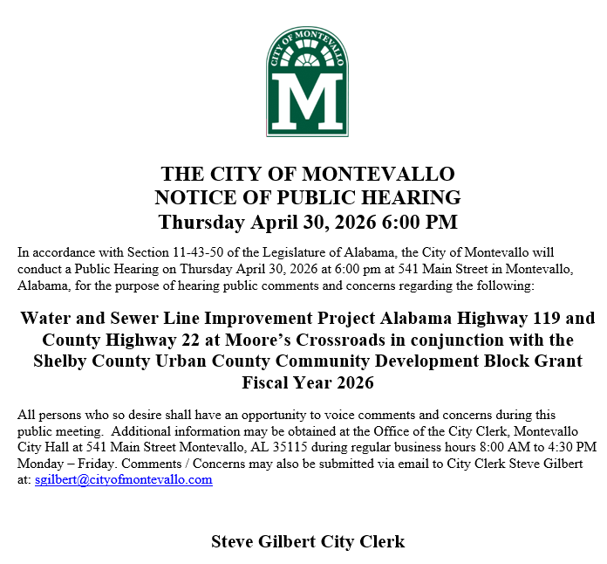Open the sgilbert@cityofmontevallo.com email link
click(123, 480)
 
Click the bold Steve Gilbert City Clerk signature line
click(307, 541)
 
